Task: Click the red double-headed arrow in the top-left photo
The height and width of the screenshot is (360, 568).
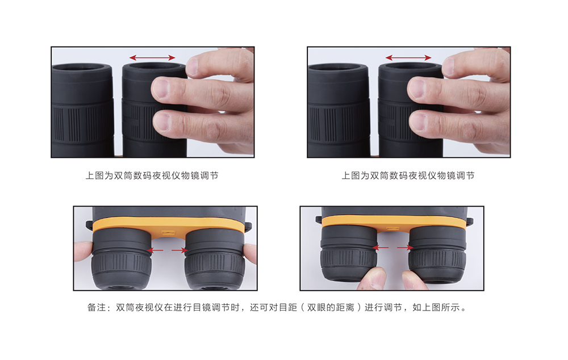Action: [152, 57]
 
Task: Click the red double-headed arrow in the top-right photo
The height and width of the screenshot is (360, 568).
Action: [408, 57]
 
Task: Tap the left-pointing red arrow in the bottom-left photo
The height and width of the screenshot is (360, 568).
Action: [156, 250]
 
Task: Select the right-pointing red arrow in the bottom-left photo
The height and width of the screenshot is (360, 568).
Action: [179, 250]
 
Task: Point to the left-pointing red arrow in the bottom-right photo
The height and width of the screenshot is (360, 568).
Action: [381, 248]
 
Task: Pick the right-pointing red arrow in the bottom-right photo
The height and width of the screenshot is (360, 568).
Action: [405, 248]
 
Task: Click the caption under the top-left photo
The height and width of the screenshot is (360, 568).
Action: [152, 175]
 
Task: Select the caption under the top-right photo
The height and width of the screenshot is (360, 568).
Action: [408, 175]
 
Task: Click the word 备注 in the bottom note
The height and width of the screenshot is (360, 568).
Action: [97, 308]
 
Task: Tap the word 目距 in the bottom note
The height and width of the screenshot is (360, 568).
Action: [287, 308]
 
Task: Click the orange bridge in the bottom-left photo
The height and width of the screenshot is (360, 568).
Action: [168, 227]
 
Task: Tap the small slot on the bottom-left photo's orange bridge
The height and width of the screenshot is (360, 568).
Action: [168, 232]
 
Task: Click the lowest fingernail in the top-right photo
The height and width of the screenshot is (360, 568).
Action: [417, 121]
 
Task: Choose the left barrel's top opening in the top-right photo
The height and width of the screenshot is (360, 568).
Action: [337, 68]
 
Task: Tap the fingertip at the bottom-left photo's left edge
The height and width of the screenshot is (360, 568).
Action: [82, 250]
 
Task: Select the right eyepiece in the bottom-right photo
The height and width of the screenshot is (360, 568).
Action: [437, 254]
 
